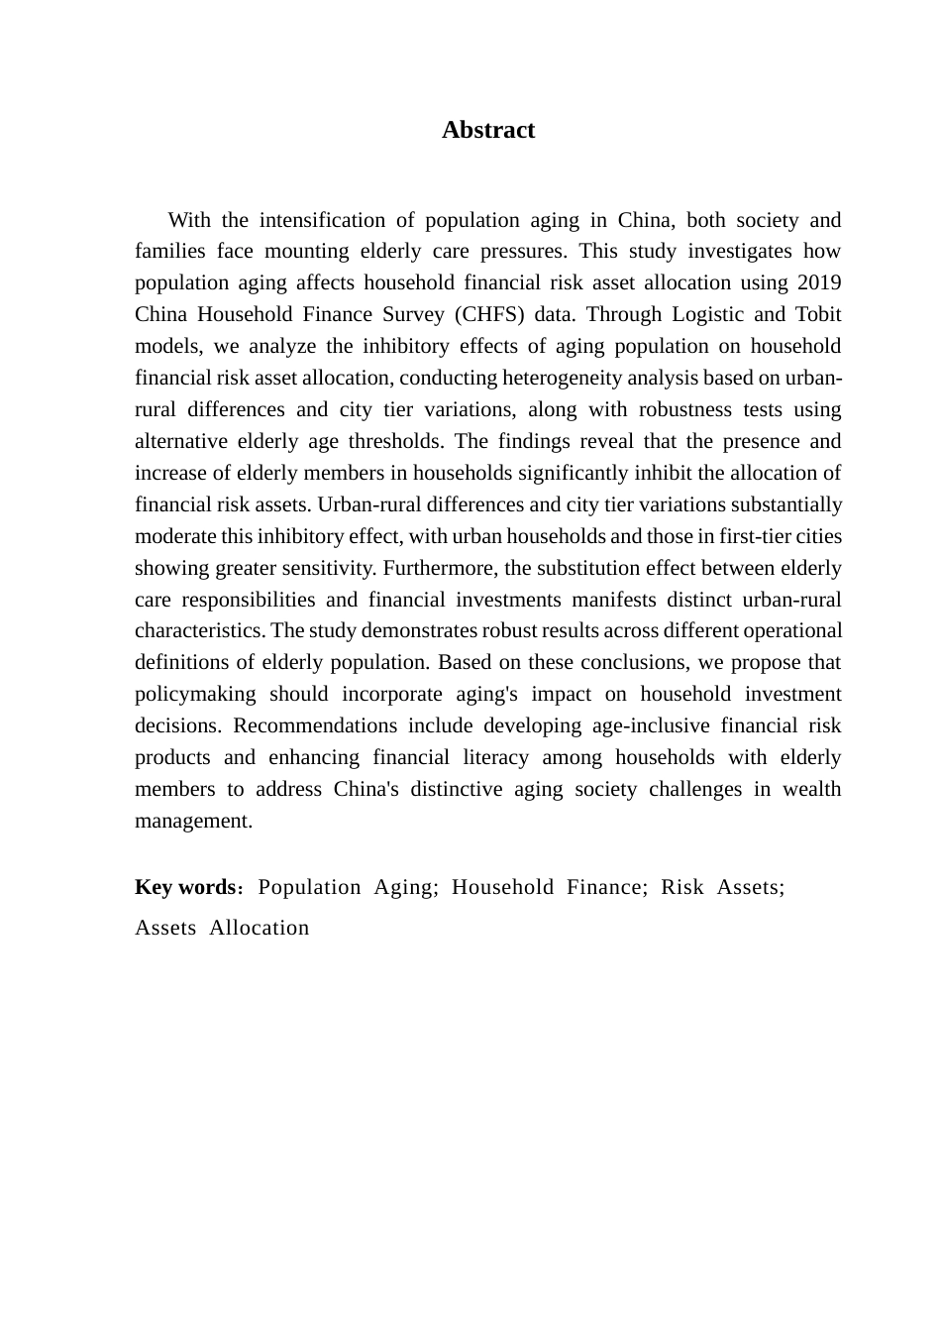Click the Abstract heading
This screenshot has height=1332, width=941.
(487, 130)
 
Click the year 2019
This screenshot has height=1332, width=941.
(818, 282)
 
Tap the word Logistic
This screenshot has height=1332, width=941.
(707, 314)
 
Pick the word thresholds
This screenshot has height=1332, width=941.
(395, 441)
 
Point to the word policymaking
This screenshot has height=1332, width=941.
(195, 694)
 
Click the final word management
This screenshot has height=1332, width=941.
(192, 821)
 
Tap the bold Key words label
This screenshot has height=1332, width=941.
(184, 887)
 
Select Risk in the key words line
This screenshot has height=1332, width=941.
(682, 887)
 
